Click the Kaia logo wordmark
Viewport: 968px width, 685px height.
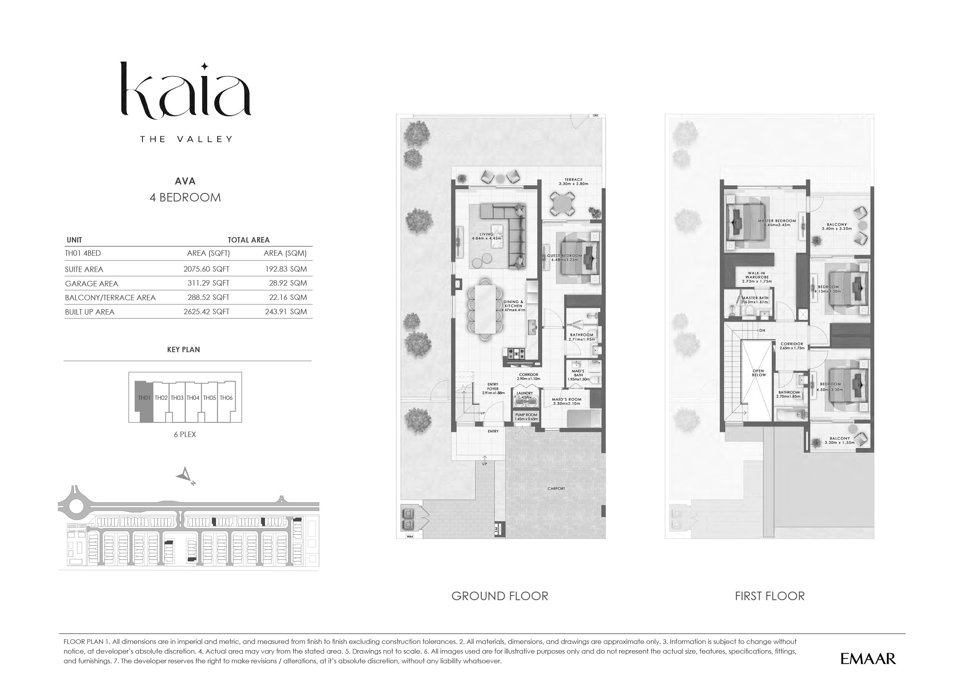[x=185, y=91]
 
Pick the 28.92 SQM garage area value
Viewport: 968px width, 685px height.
[x=288, y=283]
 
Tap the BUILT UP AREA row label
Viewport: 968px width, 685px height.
[x=89, y=312]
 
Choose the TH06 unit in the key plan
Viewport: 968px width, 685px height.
[x=226, y=398]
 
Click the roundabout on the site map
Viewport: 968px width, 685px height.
[x=76, y=506]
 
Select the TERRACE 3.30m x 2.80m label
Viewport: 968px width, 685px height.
[x=573, y=182]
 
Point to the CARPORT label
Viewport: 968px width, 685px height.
[x=556, y=489]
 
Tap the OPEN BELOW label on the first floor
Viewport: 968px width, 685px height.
[x=758, y=373]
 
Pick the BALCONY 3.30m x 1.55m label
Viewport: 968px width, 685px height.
[x=839, y=441]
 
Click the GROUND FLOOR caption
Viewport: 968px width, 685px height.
[x=499, y=596]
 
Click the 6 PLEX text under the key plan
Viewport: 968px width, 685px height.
[x=185, y=434]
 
